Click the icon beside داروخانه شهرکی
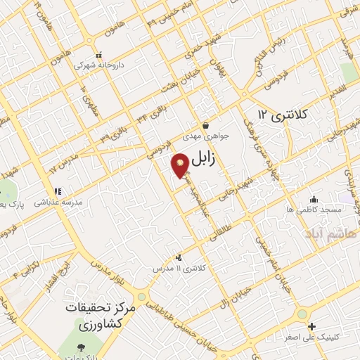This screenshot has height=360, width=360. [x=100, y=54]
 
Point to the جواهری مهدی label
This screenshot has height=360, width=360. [x=202, y=136]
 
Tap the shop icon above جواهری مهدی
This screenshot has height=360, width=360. [x=204, y=125]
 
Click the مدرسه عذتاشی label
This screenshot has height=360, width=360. [x=59, y=201]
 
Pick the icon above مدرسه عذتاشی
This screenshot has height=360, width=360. [x=58, y=191]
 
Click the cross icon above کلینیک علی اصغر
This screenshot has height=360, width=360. [x=312, y=326]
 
